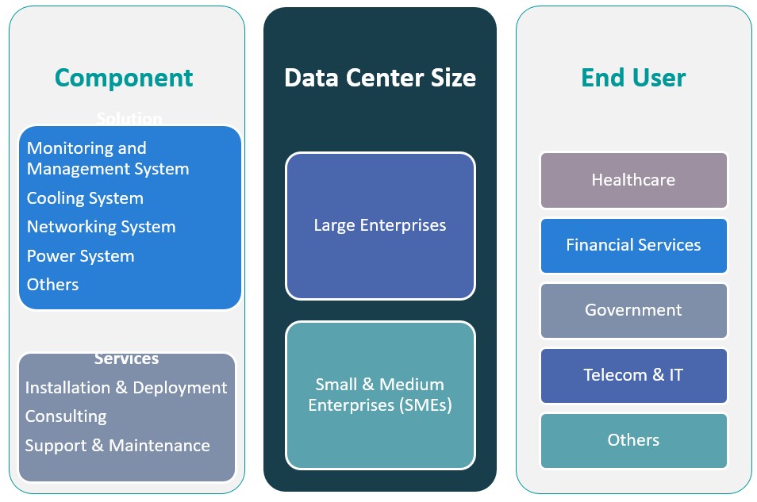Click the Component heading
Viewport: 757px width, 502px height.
(x=124, y=78)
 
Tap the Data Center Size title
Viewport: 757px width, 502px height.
(x=380, y=78)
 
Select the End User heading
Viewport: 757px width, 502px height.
(x=633, y=78)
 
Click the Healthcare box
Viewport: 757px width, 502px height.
(x=633, y=180)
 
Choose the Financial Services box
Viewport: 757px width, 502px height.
(x=633, y=245)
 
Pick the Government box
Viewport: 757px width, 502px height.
(x=633, y=310)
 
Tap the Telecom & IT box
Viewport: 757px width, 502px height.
(x=633, y=375)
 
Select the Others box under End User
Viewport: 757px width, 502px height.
(x=633, y=440)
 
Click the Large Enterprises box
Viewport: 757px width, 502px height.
(x=380, y=225)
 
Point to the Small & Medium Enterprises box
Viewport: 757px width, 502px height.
(x=380, y=394)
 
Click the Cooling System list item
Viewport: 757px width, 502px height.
(x=85, y=198)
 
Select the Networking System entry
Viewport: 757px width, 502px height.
(x=101, y=227)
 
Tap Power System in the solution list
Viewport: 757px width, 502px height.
(x=80, y=256)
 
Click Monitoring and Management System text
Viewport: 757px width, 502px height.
(x=107, y=159)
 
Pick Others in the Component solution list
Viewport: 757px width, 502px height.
(x=52, y=285)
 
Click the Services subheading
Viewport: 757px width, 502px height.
(x=126, y=358)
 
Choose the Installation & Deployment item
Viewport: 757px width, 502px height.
(x=125, y=388)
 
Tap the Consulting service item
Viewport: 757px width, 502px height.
(x=65, y=416)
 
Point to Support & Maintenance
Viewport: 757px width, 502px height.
(x=117, y=446)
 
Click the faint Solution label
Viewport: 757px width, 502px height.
(x=129, y=119)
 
